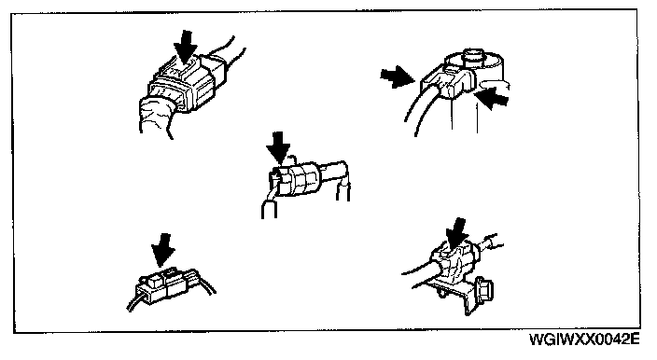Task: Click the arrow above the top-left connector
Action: pos(185,47)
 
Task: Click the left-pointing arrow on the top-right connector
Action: pos(493,99)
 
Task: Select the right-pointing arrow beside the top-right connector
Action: pos(397,77)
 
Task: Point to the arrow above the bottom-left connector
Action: pos(163,250)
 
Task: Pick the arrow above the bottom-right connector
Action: pos(456,233)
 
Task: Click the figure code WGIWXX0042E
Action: pos(584,339)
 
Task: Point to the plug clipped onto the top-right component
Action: pos(445,81)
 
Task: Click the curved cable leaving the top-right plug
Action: pos(414,106)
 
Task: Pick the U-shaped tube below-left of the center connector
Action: pos(269,205)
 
